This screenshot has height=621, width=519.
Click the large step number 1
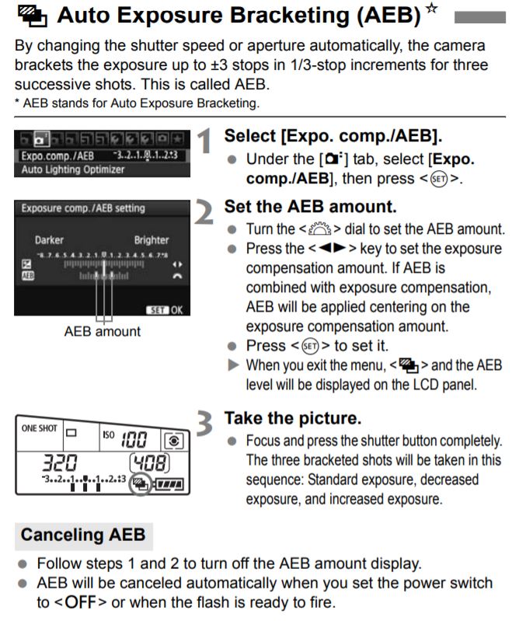coord(204,142)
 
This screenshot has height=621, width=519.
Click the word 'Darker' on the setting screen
coord(48,240)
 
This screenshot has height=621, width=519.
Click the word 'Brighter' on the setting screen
coord(151,240)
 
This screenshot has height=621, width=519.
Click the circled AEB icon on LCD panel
coord(141,483)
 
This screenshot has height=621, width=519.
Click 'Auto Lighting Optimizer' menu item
coord(68,169)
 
